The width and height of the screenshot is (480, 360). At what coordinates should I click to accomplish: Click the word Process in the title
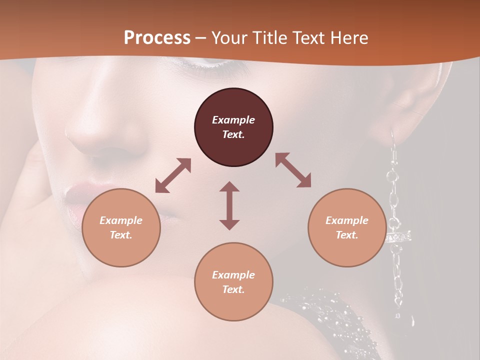pyautogui.click(x=157, y=37)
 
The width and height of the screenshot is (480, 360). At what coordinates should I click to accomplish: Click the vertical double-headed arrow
pyautogui.click(x=229, y=205)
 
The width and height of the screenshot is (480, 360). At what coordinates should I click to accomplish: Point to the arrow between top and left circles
pyautogui.click(x=173, y=175)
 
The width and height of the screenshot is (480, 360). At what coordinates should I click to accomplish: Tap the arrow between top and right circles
pyautogui.click(x=293, y=170)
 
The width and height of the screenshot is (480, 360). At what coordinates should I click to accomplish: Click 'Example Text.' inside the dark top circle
pyautogui.click(x=233, y=127)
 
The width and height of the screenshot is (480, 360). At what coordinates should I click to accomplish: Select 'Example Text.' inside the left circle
pyautogui.click(x=121, y=227)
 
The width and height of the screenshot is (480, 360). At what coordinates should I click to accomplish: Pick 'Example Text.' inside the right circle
pyautogui.click(x=347, y=227)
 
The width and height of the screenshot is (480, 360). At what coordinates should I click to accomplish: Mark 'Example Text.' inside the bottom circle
pyautogui.click(x=233, y=282)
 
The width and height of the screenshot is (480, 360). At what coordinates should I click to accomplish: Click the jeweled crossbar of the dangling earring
pyautogui.click(x=398, y=236)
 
